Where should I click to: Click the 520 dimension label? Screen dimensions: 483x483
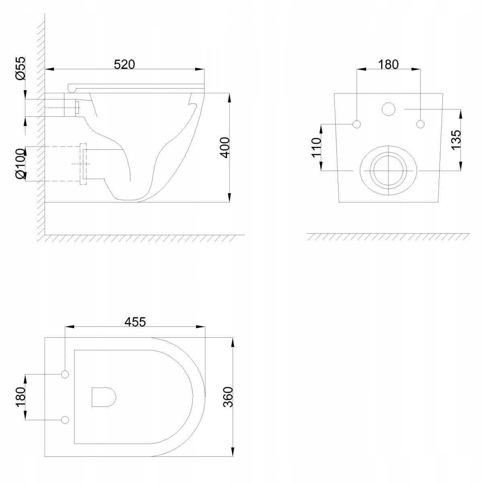(x=124, y=64)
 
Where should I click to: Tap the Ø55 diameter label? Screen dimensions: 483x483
(x=20, y=68)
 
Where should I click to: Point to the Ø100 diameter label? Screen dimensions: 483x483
(x=20, y=165)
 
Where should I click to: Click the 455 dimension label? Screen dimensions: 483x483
(x=135, y=322)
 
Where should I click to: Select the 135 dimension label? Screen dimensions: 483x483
(x=456, y=140)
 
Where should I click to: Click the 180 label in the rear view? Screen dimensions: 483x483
(x=388, y=64)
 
